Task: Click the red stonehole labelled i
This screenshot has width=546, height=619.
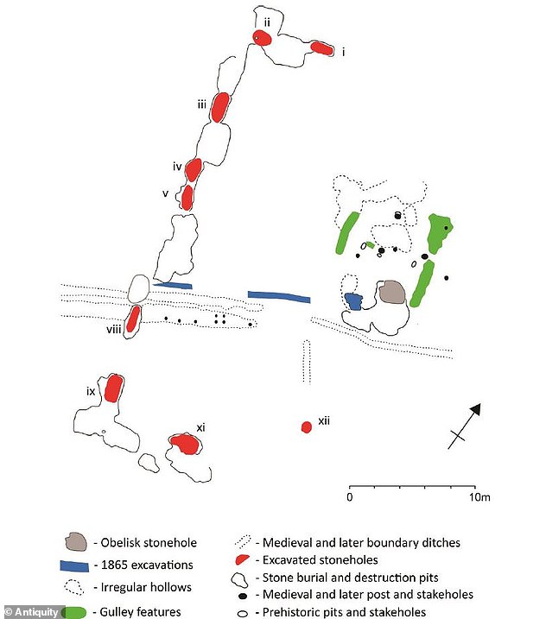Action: click(x=322, y=48)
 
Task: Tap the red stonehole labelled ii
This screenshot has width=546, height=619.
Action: click(x=262, y=37)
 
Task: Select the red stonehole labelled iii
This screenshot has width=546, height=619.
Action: click(x=221, y=106)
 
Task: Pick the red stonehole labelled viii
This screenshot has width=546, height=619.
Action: click(x=133, y=319)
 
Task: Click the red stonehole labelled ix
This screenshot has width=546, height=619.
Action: click(x=112, y=388)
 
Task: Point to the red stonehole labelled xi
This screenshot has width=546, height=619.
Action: click(x=184, y=444)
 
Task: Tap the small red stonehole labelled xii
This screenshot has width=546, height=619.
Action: click(x=306, y=426)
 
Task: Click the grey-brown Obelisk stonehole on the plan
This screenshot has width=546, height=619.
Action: click(x=392, y=293)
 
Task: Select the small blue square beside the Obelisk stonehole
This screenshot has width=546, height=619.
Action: click(x=353, y=301)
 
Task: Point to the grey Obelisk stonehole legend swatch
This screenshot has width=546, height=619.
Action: click(x=77, y=543)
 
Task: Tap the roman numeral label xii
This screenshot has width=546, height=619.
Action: click(x=325, y=420)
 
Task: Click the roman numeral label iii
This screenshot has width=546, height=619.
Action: click(x=200, y=105)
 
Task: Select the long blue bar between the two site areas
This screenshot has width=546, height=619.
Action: click(x=278, y=297)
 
